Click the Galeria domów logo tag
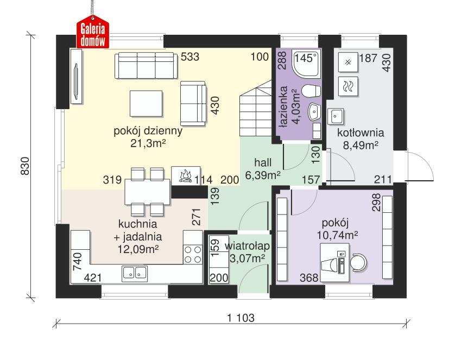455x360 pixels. coord(93,34)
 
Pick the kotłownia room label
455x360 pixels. coord(361,132)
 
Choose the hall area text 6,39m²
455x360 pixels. coord(263,175)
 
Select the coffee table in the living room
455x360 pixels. coord(146,104)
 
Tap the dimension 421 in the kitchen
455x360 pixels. coord(93,278)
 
